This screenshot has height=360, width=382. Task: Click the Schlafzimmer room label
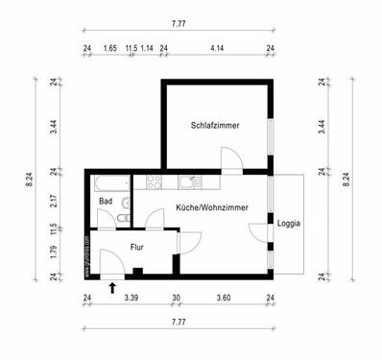click(x=215, y=125)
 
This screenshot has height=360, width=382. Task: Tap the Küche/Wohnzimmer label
click(x=211, y=207)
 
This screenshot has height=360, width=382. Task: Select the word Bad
click(x=106, y=201)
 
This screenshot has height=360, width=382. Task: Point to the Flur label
click(x=137, y=247)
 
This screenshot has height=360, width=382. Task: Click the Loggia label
click(x=288, y=223)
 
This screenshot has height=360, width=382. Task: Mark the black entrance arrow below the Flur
click(x=112, y=287)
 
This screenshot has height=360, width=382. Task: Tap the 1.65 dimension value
click(x=109, y=46)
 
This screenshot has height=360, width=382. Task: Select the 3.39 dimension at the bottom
click(x=131, y=298)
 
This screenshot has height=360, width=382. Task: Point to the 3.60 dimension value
click(x=223, y=298)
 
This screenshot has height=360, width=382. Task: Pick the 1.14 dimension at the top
click(x=147, y=46)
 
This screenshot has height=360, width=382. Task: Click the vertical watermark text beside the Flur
click(x=86, y=254)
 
